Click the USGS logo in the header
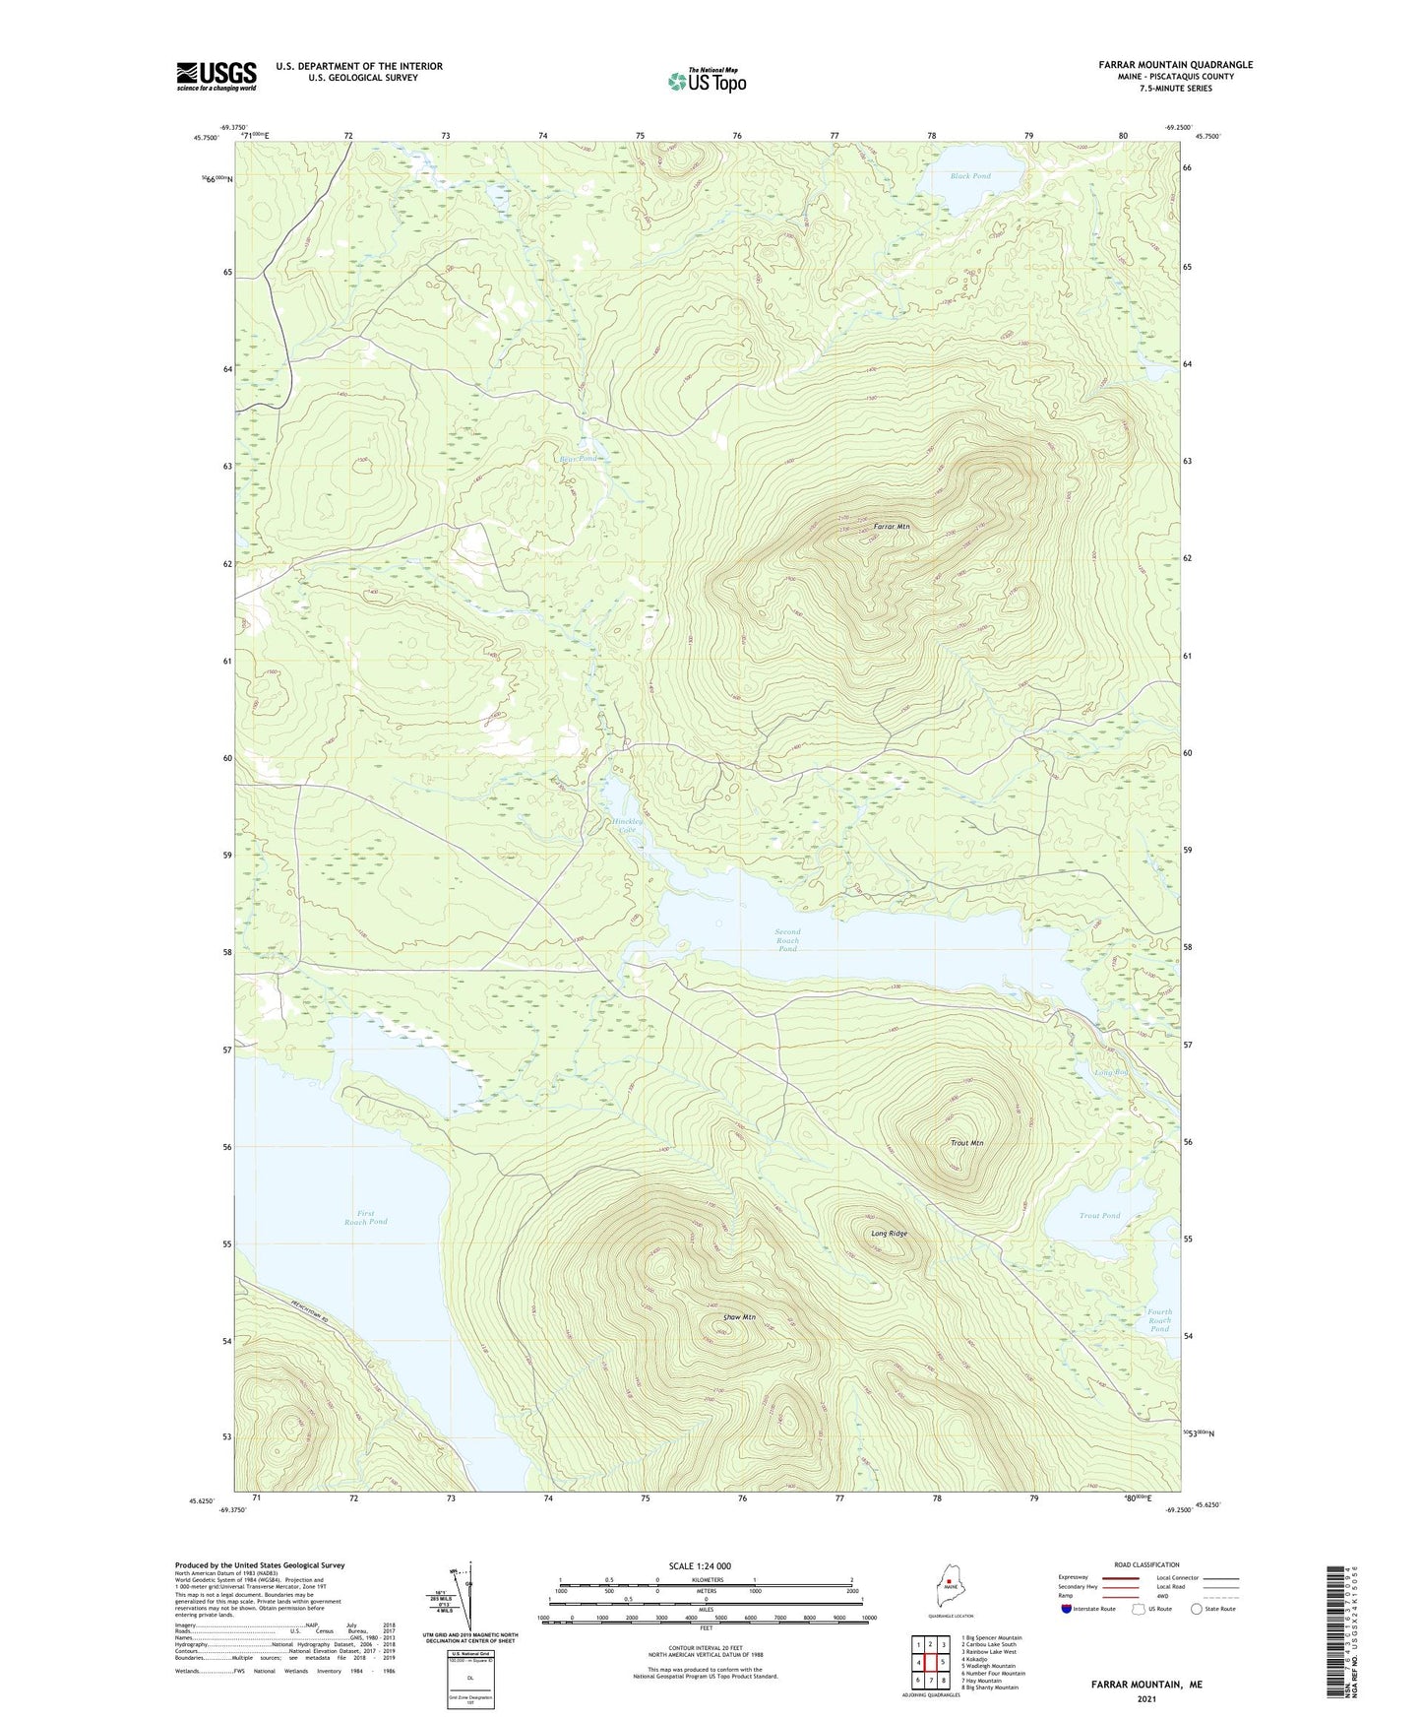click(x=216, y=76)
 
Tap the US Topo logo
click(x=706, y=81)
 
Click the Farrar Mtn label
click(x=892, y=528)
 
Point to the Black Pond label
click(x=970, y=176)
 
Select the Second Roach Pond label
click(x=787, y=939)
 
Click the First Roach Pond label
click(x=365, y=1217)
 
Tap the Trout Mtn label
click(x=966, y=1143)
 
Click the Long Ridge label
click(x=889, y=1234)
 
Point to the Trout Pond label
click(x=1099, y=1216)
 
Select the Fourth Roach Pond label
click(x=1159, y=1320)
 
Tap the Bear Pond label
click(x=578, y=459)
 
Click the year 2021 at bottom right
click(x=1145, y=1699)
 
